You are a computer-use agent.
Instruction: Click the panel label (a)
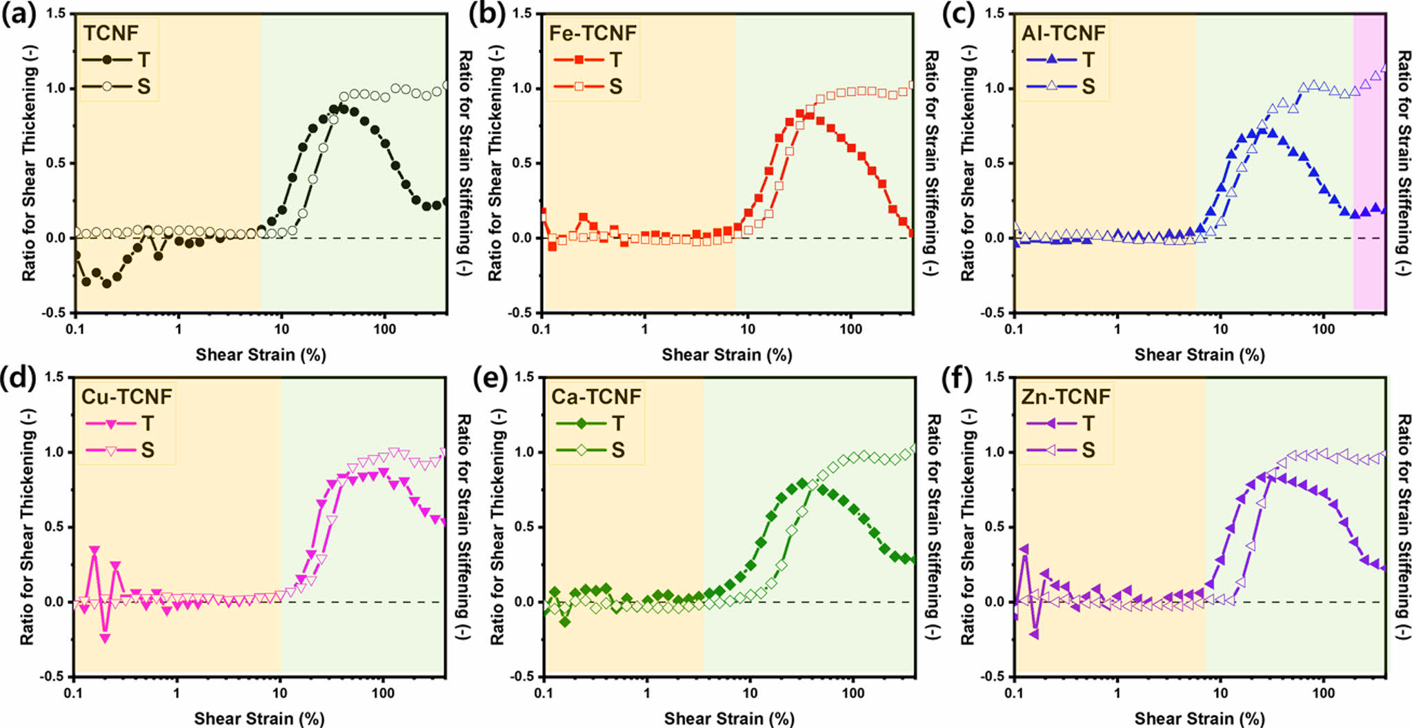click(19, 14)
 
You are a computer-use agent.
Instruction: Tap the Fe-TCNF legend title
click(593, 33)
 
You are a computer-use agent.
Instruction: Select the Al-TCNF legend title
click(1063, 33)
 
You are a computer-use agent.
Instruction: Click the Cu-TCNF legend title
click(126, 396)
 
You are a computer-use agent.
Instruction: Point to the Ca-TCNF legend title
click(596, 396)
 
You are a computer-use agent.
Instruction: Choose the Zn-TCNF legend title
click(1066, 396)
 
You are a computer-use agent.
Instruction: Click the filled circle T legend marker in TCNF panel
click(107, 60)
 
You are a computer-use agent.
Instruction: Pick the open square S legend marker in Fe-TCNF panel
click(579, 86)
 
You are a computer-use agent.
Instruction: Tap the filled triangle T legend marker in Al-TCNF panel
click(1051, 60)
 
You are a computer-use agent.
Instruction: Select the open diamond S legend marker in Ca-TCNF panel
click(581, 450)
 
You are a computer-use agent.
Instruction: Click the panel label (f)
click(958, 378)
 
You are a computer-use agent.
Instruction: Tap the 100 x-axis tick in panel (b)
click(851, 329)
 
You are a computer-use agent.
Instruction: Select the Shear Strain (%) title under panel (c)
click(1200, 355)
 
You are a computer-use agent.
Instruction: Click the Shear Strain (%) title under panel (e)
click(729, 718)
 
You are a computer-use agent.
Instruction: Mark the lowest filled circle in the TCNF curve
click(107, 283)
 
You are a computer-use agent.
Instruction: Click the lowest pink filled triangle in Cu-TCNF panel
click(105, 638)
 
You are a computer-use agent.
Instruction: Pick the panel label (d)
click(19, 378)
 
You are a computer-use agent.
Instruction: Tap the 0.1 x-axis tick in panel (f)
click(1014, 692)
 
